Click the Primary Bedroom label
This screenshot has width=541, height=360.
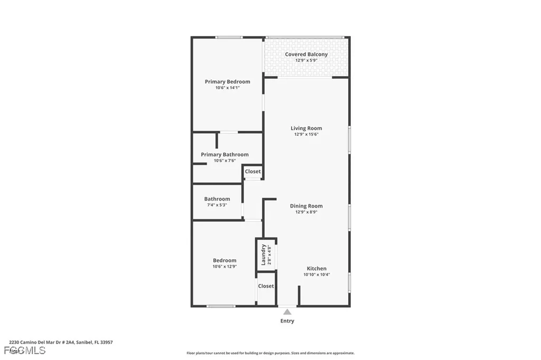point(227,82)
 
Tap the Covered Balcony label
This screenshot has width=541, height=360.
point(306,54)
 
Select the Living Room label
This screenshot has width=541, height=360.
point(306,128)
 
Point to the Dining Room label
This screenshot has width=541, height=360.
point(306,206)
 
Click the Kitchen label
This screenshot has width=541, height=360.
point(316,269)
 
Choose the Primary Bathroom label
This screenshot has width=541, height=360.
point(225,155)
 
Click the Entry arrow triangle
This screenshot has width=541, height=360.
point(287,312)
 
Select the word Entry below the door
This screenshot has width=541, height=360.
point(287,321)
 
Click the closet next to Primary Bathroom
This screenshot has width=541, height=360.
point(253,172)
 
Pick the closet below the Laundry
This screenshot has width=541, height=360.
point(266,286)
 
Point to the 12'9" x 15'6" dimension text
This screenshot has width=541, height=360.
point(306,135)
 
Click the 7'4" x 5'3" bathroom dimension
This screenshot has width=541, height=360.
point(217,205)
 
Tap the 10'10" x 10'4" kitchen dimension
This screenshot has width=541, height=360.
point(316,274)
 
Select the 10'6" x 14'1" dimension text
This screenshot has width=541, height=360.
point(227,88)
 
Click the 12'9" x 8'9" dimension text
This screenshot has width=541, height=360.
point(306,212)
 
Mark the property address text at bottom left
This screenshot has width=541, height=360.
point(61,342)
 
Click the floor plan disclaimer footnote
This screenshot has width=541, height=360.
point(270,353)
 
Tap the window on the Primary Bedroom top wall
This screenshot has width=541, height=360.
point(229,37)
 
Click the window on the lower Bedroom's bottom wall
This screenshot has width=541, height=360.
point(220,306)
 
